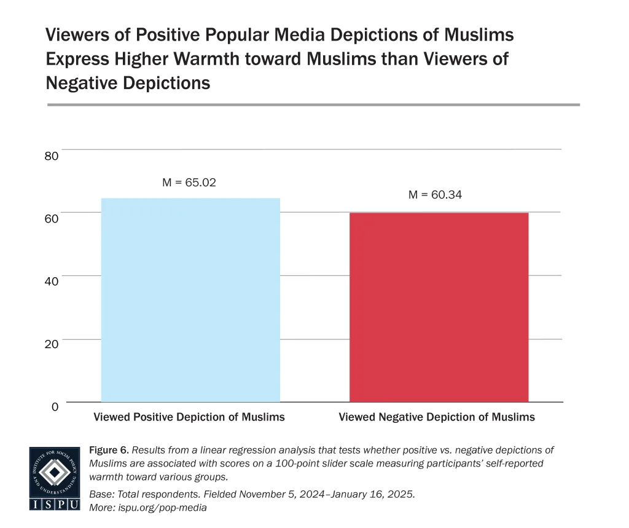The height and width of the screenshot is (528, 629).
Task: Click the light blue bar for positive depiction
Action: pos(190,300)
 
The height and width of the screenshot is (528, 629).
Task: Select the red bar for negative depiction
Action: pos(439,307)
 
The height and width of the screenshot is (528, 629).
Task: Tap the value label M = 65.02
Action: pos(189,183)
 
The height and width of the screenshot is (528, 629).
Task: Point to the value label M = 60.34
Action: pos(435,195)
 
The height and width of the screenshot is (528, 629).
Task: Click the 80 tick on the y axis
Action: pos(52,156)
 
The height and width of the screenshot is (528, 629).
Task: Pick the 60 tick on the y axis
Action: pos(52,219)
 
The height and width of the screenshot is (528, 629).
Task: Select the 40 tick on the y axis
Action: pos(52,282)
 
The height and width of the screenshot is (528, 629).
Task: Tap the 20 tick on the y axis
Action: pos(52,344)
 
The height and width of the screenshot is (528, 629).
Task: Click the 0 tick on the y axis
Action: pos(55,407)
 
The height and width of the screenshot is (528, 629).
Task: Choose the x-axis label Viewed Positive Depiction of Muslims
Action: pos(189,417)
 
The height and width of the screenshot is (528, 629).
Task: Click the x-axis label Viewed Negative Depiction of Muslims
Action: pos(437,417)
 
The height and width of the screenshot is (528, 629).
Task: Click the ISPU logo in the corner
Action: pos(55,478)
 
